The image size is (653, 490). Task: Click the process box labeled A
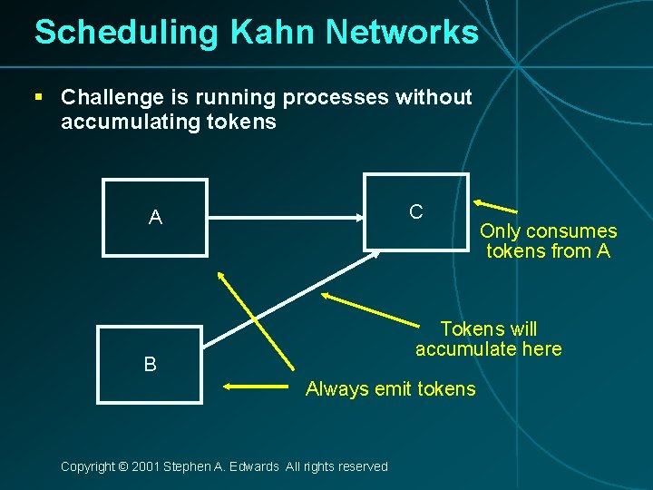tap(155, 217)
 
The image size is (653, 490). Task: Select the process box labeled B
tap(151, 364)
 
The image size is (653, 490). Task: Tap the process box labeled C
tap(415, 211)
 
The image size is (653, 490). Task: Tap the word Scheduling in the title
tap(126, 33)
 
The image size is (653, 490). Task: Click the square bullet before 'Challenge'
tap(39, 96)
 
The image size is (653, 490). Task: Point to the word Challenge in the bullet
tap(111, 97)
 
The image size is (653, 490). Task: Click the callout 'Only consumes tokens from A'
tap(548, 241)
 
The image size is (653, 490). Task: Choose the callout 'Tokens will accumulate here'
tap(488, 338)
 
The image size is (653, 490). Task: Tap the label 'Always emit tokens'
tap(390, 389)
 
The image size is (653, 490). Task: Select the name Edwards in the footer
tap(254, 466)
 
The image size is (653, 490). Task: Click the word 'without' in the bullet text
tap(434, 97)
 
